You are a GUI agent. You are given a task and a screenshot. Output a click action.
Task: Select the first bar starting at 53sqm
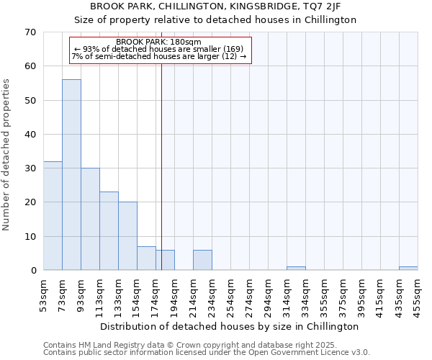pos(53,216)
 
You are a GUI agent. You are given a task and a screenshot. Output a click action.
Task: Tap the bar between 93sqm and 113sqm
pos(90,219)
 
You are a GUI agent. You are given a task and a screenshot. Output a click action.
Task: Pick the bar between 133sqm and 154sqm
pos(127,236)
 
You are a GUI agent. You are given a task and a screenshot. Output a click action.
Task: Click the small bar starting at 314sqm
pos(296,269)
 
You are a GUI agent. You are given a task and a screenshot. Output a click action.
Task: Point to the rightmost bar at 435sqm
pos(408,269)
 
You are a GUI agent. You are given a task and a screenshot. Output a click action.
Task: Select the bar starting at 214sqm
pos(202,260)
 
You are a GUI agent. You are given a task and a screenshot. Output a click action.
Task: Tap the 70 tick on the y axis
pos(30,32)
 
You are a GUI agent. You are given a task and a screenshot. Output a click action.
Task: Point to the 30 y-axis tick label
pos(30,168)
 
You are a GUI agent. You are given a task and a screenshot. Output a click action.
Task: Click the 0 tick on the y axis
pos(33,271)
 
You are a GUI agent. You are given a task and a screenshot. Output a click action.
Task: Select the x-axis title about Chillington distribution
pos(228,327)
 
